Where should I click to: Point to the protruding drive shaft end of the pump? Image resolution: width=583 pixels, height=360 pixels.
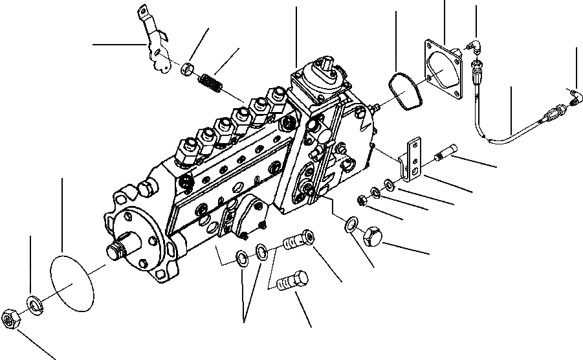120,250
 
